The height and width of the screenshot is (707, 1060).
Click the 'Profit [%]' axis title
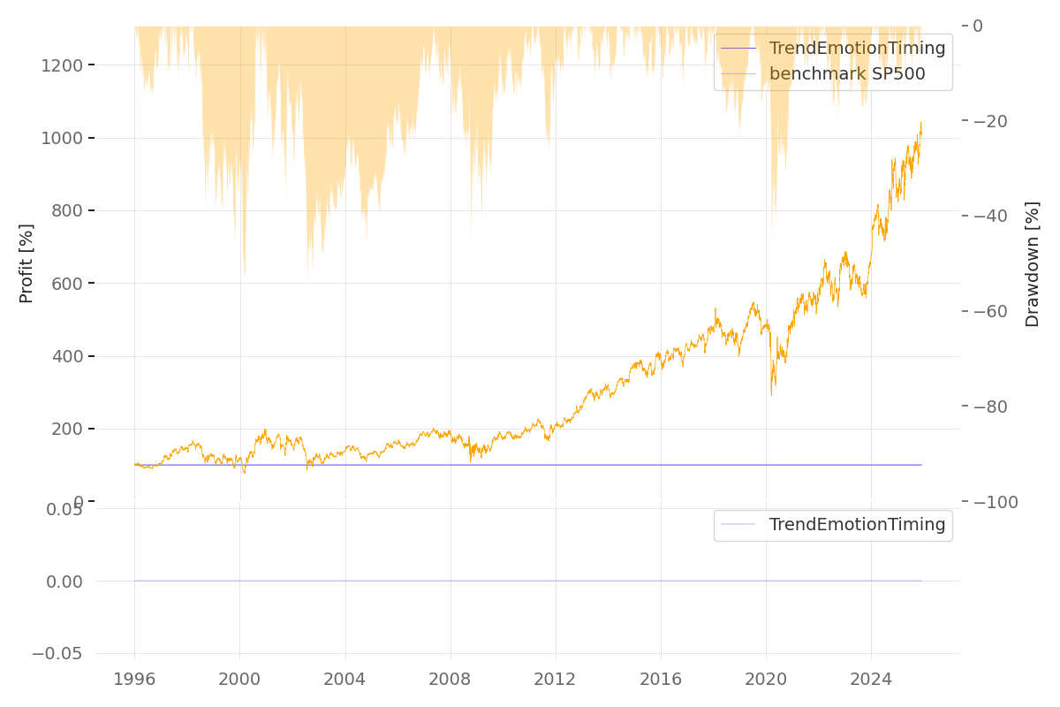(26, 263)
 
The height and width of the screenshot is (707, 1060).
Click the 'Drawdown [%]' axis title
(1032, 264)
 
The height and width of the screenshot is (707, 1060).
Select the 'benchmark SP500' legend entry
(847, 74)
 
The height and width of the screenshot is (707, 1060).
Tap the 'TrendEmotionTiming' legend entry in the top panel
(857, 49)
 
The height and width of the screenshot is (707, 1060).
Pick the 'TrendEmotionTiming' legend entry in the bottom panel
(857, 525)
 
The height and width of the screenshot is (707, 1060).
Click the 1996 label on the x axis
(134, 679)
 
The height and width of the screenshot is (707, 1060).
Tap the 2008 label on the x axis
(450, 679)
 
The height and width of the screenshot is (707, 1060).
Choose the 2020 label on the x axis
(766, 679)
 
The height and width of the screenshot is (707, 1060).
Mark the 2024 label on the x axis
(871, 679)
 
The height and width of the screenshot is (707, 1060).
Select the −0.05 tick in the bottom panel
(57, 654)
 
